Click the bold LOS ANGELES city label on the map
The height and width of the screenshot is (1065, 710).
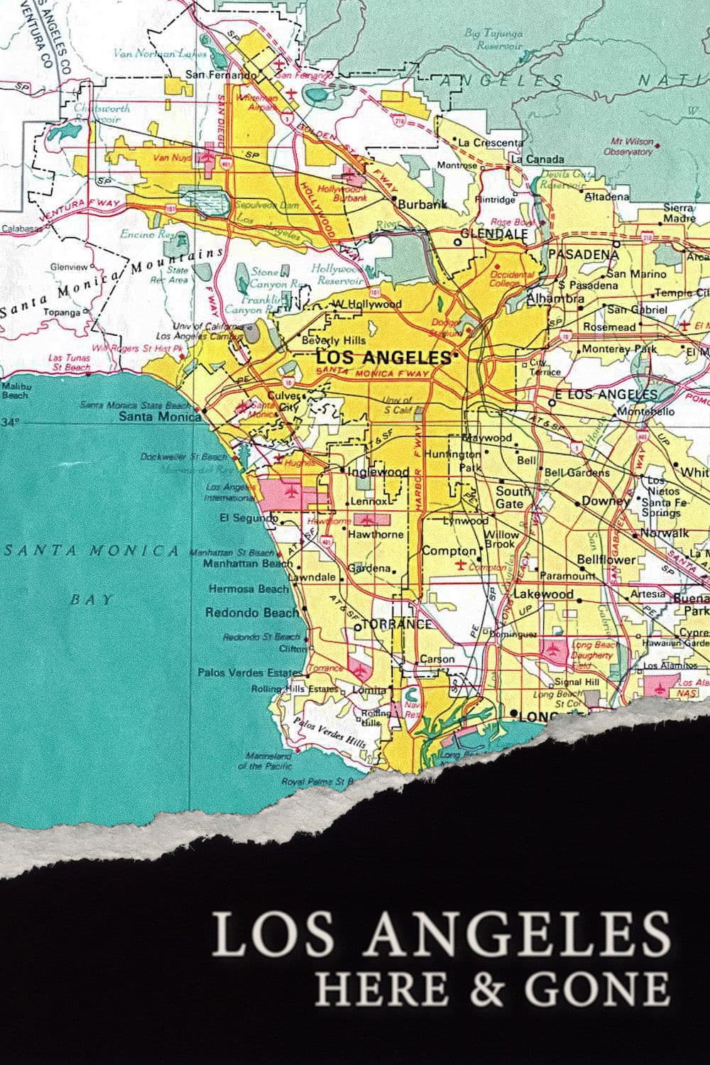[383, 357]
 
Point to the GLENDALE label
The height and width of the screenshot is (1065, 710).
[494, 234]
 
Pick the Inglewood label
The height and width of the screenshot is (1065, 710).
[378, 471]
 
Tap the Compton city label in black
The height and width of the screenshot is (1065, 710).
[449, 551]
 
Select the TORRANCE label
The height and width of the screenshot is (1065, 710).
[397, 624]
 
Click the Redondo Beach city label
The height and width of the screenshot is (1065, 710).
[252, 612]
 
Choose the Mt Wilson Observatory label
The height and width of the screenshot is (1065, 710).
[628, 147]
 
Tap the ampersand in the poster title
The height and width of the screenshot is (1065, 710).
[484, 988]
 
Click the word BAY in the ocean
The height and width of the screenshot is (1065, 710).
[92, 599]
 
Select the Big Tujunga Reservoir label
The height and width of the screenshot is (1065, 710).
[493, 39]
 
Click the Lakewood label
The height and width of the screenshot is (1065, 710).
[543, 594]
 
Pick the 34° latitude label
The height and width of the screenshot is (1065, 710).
[11, 422]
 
